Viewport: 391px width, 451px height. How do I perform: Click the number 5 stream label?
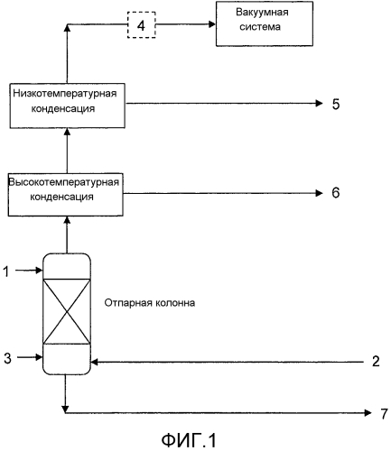(336, 104)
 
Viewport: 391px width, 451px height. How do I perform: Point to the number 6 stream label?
(336, 192)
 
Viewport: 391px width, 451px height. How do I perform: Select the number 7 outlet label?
(384, 414)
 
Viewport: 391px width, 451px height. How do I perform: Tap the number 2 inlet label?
(376, 361)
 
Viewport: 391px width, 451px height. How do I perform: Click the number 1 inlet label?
(6, 272)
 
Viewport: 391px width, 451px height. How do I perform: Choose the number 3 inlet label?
(7, 358)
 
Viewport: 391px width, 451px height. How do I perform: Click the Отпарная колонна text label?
(150, 303)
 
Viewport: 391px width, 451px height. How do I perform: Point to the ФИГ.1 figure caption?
(189, 440)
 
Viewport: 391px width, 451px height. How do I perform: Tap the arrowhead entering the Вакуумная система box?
(212, 24)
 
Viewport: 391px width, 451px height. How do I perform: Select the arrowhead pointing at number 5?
(319, 104)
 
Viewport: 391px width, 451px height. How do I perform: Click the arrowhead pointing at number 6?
(319, 193)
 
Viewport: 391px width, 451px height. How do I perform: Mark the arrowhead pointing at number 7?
(368, 413)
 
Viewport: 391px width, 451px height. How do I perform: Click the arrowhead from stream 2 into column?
(95, 362)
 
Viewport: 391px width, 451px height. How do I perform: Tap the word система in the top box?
(260, 27)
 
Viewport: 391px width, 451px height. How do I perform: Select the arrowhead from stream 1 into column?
(39, 271)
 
